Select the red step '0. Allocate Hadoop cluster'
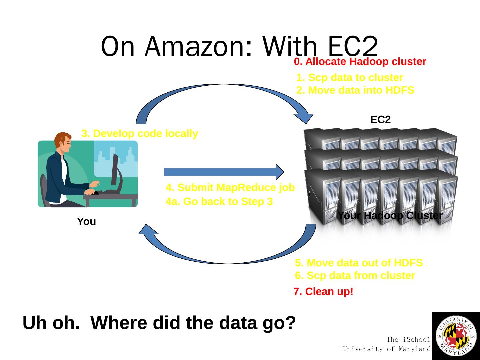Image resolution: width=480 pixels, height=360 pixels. tap(360, 62)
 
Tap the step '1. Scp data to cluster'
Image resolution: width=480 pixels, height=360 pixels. tap(350, 78)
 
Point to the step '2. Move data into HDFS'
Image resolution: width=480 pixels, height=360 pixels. tap(355, 90)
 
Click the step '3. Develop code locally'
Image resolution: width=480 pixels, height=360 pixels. tap(140, 134)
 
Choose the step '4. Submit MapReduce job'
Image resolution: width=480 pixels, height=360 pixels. tap(230, 188)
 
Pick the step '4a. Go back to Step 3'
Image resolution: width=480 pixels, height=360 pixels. tap(219, 202)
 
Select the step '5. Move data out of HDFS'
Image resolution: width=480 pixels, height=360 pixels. tap(359, 263)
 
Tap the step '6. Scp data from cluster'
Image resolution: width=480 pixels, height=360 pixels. tap(355, 276)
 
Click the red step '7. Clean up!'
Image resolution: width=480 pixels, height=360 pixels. tap(323, 292)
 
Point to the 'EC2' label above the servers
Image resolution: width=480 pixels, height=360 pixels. tap(380, 119)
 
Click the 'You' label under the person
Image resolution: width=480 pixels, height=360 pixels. tap(86, 222)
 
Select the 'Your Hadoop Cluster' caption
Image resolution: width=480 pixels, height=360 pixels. tap(390, 216)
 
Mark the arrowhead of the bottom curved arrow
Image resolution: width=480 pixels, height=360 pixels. tap(149, 232)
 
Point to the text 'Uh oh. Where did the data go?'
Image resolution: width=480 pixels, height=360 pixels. tap(159, 323)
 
